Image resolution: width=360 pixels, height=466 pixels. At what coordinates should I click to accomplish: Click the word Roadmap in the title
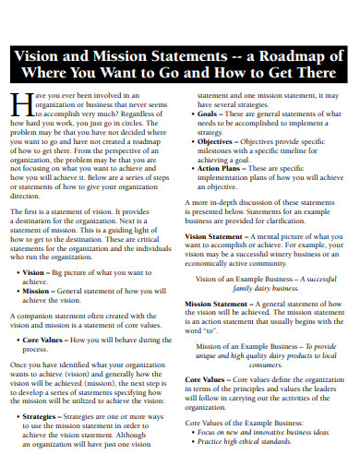pos(310,54)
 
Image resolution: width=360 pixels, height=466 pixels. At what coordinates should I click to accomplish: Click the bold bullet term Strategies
pos(40,416)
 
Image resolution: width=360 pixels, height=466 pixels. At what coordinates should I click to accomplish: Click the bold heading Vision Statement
pos(218,236)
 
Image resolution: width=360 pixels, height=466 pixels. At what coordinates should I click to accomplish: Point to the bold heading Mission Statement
pos(221,303)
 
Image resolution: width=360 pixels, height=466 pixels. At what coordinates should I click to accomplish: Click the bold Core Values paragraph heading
pos(207,378)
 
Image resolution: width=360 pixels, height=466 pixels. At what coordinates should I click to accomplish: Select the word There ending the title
pos(308,74)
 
